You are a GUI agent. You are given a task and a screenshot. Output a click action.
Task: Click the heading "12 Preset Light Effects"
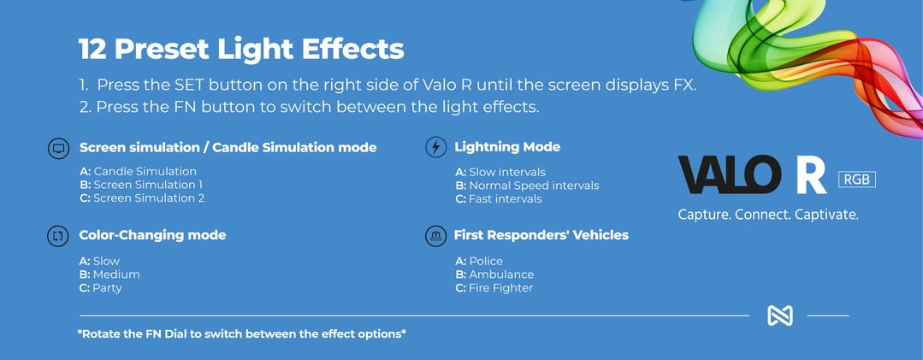[x=241, y=50]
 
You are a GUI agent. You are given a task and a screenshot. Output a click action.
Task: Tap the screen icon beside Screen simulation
[x=58, y=148]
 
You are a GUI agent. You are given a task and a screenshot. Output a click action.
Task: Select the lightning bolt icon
[x=435, y=147]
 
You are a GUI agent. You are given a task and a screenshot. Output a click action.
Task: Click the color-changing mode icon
[x=58, y=236]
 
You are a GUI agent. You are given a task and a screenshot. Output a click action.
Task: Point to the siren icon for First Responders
[x=435, y=236]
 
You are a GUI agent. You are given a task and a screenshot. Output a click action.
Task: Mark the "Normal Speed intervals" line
[x=528, y=186]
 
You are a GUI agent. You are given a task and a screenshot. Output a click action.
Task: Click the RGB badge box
[x=857, y=180]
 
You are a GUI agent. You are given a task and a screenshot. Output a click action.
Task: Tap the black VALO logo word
[x=730, y=174]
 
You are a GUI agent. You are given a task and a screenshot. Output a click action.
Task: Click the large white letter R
[x=811, y=174]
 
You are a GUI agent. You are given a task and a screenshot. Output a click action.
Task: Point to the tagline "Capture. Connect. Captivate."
[x=768, y=215]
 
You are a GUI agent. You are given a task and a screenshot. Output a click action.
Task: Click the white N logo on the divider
[x=780, y=316]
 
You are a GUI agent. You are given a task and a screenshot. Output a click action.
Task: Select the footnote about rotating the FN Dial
[x=242, y=334]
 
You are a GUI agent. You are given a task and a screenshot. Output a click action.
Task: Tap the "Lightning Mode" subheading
[x=506, y=147]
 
